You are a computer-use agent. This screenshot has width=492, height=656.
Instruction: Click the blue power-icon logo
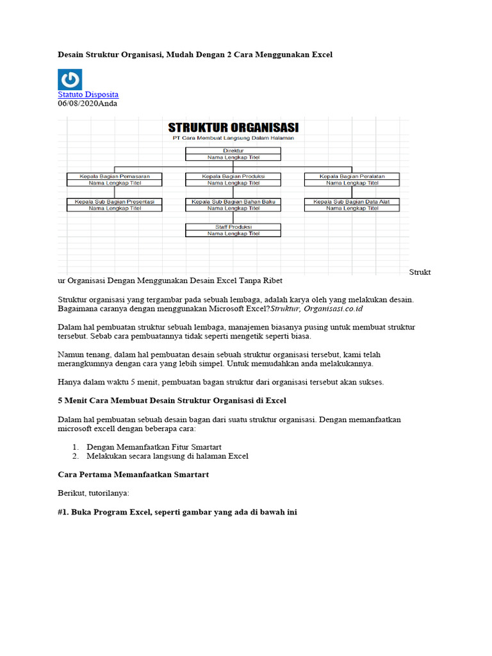[70, 79]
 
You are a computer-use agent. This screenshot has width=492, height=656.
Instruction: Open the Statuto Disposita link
[88, 94]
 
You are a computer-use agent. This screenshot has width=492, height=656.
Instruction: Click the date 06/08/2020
[77, 102]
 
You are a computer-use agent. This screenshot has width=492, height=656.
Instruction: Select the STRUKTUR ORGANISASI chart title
[233, 127]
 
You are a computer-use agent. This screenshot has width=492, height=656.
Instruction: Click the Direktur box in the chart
[233, 154]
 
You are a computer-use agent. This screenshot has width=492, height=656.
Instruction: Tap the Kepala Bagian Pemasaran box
[115, 179]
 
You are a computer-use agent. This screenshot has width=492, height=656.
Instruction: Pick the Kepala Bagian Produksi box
[233, 179]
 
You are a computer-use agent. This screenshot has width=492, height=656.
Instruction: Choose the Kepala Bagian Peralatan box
[352, 179]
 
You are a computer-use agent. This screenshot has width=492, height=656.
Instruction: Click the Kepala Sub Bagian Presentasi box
[115, 205]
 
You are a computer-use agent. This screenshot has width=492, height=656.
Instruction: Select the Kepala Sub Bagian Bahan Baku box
[233, 205]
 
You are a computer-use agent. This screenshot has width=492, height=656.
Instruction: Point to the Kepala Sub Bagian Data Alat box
[352, 205]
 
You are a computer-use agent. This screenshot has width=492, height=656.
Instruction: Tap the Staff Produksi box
[233, 231]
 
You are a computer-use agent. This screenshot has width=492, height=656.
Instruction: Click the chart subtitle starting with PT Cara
[233, 138]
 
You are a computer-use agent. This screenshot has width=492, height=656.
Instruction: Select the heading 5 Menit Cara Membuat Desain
[172, 400]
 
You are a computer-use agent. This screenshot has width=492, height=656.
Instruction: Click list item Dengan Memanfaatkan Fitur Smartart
[160, 447]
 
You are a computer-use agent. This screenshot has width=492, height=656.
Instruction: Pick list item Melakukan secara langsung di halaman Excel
[167, 456]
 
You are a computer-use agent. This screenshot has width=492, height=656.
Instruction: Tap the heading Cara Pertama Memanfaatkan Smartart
[133, 475]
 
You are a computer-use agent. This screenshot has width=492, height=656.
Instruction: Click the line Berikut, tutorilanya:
[94, 493]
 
